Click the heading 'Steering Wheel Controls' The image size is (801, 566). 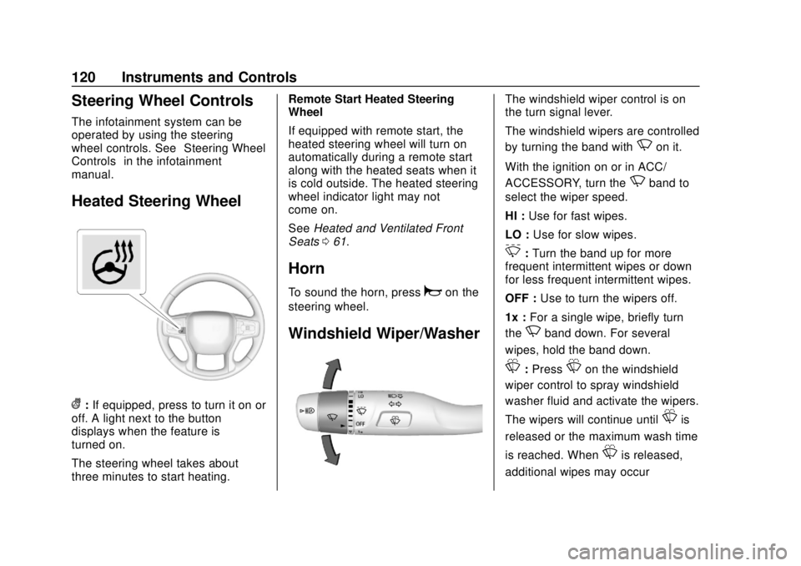[162, 101]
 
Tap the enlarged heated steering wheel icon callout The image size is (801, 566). [113, 261]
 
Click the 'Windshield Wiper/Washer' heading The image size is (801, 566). [385, 334]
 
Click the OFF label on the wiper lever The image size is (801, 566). [360, 423]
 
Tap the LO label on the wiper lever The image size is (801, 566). [360, 396]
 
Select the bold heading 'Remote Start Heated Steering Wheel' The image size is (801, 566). [370, 105]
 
